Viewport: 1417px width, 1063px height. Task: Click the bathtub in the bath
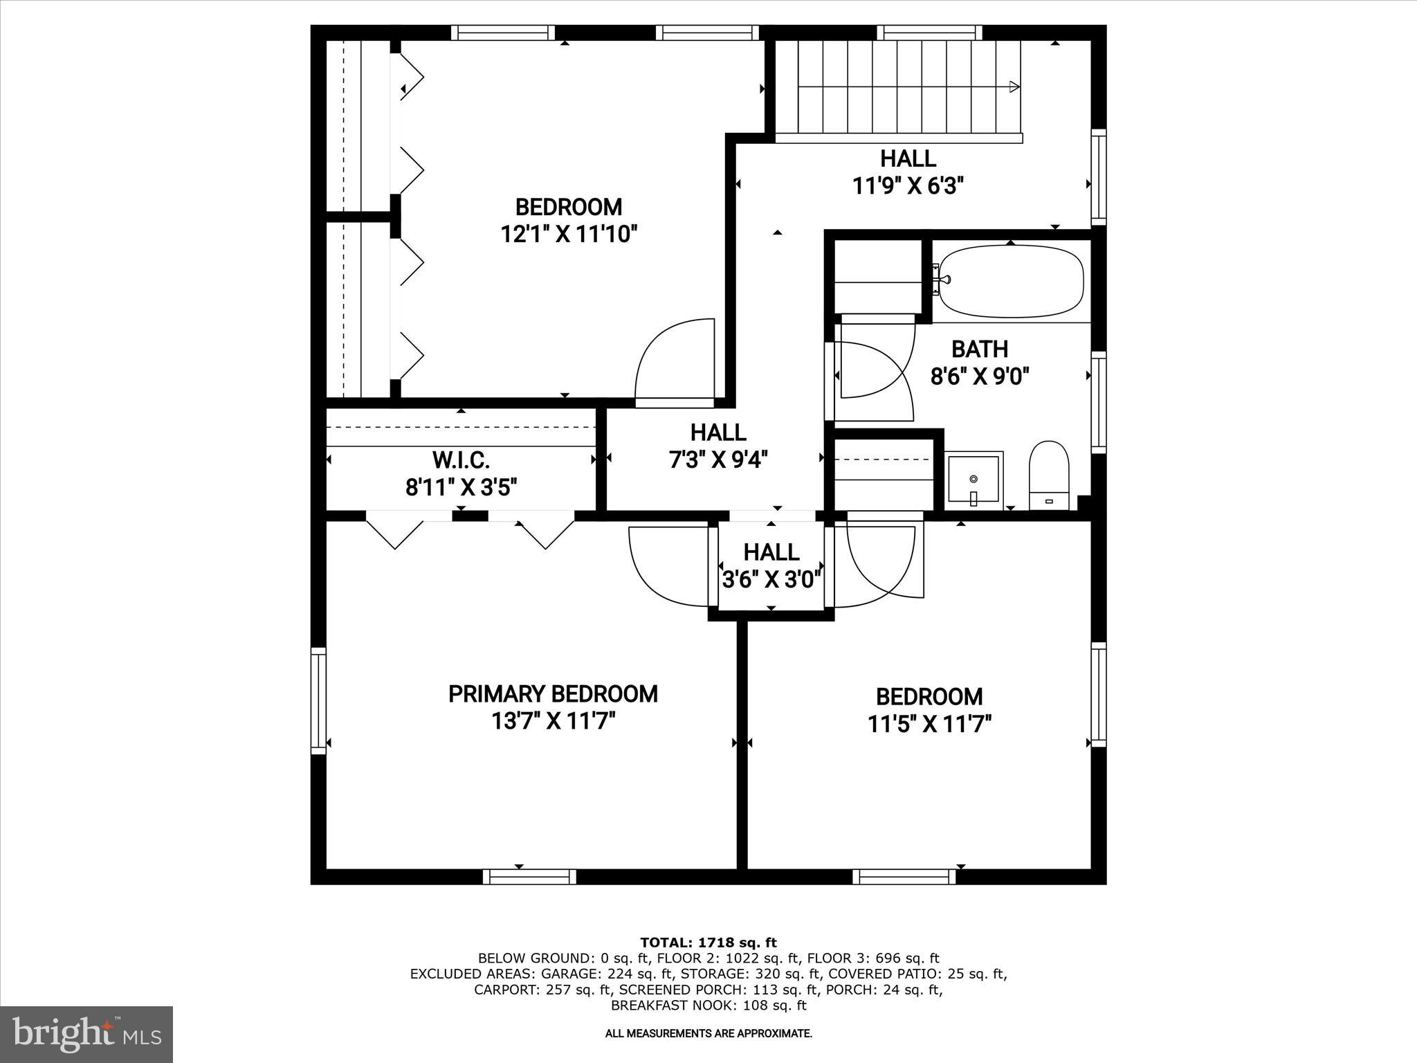[x=1011, y=281]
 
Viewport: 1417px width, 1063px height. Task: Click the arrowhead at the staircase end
[x=1014, y=87]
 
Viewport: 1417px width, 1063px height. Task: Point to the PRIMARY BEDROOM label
[x=553, y=694]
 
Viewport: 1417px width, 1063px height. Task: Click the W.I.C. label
[x=461, y=460]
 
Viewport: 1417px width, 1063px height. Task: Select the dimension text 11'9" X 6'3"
[x=908, y=185]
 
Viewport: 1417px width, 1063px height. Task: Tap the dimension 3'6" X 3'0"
[x=771, y=579]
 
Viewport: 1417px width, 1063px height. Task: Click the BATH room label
[x=979, y=349]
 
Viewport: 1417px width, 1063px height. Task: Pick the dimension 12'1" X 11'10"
[x=568, y=235]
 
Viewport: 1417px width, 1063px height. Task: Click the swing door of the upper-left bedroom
[x=675, y=360]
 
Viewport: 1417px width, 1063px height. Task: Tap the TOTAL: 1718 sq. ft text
[x=708, y=943]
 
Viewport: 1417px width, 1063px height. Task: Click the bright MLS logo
[x=86, y=1034]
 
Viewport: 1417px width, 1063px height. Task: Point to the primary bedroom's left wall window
[x=318, y=701]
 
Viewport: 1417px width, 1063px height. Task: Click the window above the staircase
[x=930, y=33]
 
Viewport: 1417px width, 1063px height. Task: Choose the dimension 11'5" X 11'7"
[x=929, y=725]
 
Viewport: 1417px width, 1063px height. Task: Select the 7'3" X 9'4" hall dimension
[x=718, y=460]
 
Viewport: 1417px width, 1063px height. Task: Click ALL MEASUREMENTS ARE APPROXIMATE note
[x=708, y=1034]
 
